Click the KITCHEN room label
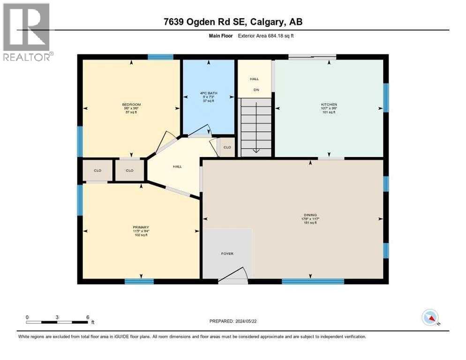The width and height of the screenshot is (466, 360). pyautogui.click(x=329, y=105)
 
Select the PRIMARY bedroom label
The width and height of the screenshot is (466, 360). pyautogui.click(x=140, y=227)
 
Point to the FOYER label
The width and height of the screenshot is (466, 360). pyautogui.click(x=227, y=254)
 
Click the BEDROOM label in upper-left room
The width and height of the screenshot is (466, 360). pyautogui.click(x=131, y=105)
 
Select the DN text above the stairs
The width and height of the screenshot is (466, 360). pyautogui.click(x=256, y=90)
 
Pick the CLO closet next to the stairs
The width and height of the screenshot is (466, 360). pyautogui.click(x=227, y=147)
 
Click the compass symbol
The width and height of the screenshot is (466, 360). pyautogui.click(x=431, y=317)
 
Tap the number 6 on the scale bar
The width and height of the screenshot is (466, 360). pyautogui.click(x=87, y=317)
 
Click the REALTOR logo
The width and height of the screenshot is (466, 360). pyautogui.click(x=26, y=32)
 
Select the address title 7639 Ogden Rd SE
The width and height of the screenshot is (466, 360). pyautogui.click(x=233, y=22)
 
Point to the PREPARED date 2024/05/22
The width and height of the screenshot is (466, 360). pyautogui.click(x=233, y=321)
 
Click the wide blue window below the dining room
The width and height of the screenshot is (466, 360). pyautogui.click(x=313, y=281)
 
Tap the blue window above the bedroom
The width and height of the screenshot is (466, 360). pyautogui.click(x=160, y=57)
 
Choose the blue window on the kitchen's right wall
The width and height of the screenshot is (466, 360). pyautogui.click(x=386, y=97)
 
